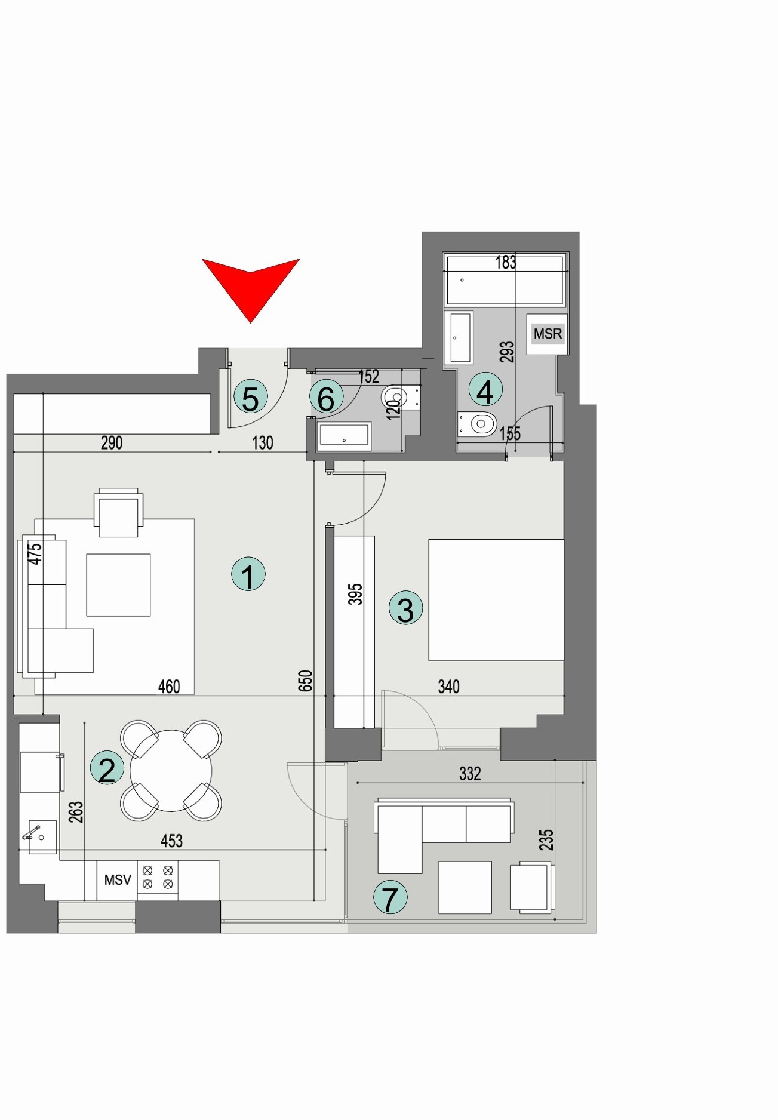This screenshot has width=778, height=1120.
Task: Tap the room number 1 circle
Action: [x=248, y=574]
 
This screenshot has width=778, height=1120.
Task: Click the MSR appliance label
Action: [x=548, y=334]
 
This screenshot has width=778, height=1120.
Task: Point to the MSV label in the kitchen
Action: [x=118, y=879]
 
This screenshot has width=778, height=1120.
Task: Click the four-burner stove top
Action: [x=158, y=877]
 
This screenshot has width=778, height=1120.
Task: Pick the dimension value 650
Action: [x=305, y=681]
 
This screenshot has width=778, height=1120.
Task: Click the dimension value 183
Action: [x=506, y=262]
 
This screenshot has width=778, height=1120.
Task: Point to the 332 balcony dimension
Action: [x=470, y=774]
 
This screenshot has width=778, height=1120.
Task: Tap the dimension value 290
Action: [x=112, y=443]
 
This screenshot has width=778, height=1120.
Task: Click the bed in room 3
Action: [x=496, y=600]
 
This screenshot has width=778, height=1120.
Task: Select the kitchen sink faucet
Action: [x=33, y=832]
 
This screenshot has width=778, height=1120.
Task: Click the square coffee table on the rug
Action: [x=118, y=584]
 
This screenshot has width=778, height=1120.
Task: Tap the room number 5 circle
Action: [x=250, y=398]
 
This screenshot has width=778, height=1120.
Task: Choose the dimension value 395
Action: [x=355, y=595]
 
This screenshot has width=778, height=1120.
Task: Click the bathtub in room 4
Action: [x=505, y=280]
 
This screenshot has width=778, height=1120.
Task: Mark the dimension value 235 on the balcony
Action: [x=546, y=840]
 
